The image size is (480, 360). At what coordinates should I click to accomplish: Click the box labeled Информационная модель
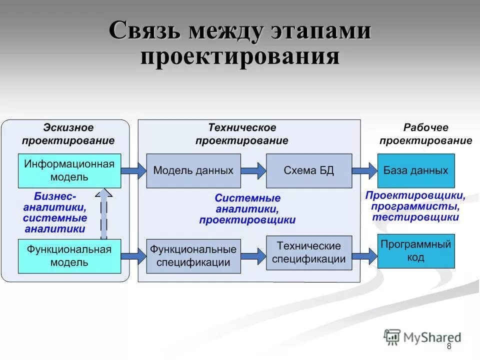tap(69, 170)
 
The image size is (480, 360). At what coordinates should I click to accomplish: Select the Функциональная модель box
tap(69, 256)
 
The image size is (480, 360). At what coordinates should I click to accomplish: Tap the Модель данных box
tap(193, 170)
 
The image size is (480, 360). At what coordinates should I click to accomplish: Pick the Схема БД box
tap(308, 170)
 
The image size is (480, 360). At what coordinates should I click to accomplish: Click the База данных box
tap(415, 170)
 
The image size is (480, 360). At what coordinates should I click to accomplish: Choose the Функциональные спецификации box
tap(193, 256)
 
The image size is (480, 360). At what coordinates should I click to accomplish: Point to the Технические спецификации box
tap(308, 252)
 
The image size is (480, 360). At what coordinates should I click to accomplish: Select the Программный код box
tap(415, 251)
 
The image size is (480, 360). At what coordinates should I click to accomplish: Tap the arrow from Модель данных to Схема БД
tap(253, 170)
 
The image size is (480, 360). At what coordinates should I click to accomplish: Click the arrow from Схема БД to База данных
tap(364, 170)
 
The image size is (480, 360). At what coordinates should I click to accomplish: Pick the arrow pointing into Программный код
tap(364, 256)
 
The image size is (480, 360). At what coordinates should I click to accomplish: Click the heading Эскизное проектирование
tap(68, 134)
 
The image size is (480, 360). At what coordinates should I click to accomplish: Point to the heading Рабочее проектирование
tap(425, 134)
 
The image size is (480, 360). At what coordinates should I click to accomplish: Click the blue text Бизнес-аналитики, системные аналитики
tap(55, 212)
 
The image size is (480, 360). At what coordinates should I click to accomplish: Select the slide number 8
tap(448, 346)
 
